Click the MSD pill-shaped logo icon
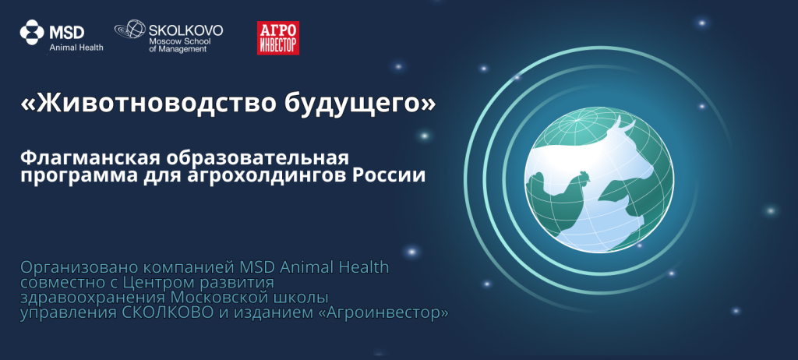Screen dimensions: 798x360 pyautogui.click(x=32, y=33)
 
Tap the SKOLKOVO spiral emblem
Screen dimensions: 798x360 pyautogui.click(x=130, y=30)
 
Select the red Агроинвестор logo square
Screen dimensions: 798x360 pyautogui.click(x=278, y=37)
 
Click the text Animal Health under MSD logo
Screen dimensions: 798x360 pyautogui.click(x=76, y=48)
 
